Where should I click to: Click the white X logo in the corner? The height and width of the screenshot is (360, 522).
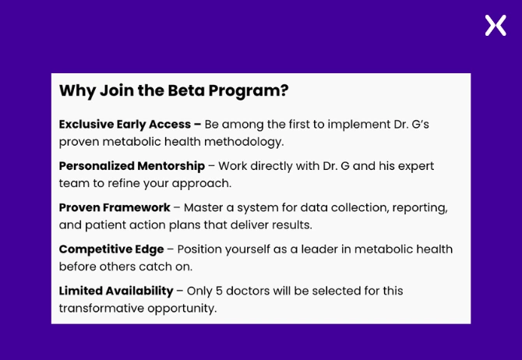coord(496,26)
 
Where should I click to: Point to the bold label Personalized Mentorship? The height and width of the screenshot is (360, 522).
coord(132,166)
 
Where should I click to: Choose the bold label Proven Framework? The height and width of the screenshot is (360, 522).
coord(115,207)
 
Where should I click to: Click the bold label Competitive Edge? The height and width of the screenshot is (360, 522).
coord(111,249)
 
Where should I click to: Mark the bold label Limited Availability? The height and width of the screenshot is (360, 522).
coord(116,291)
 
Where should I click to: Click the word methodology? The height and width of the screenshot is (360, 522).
coord(243,142)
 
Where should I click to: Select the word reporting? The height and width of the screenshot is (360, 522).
coord(420,207)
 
